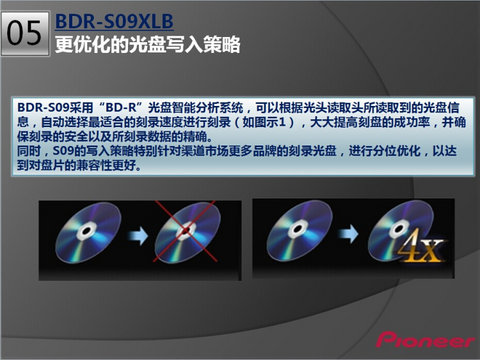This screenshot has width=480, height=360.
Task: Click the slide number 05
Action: [24, 33]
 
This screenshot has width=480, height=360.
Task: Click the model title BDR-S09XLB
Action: [114, 21]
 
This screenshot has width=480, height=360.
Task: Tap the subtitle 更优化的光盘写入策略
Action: [147, 44]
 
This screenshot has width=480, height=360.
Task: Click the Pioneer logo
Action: [426, 340]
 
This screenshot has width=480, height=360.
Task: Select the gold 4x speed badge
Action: [421, 246]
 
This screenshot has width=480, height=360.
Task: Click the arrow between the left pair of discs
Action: [137, 235]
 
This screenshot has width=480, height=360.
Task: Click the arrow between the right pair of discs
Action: [348, 233]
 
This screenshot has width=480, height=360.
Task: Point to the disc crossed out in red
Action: [188, 232]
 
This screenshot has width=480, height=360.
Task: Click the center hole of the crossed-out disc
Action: [186, 230]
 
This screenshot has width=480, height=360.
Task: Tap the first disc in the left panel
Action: [88, 232]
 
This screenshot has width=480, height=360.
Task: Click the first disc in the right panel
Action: [299, 230]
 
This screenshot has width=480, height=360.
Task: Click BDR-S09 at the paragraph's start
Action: [43, 107]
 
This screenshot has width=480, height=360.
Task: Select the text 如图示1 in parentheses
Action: [264, 122]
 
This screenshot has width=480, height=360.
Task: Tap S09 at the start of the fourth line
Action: [63, 151]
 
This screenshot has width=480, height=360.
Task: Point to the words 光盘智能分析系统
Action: [196, 107]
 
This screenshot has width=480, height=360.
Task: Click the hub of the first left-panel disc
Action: [86, 231]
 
